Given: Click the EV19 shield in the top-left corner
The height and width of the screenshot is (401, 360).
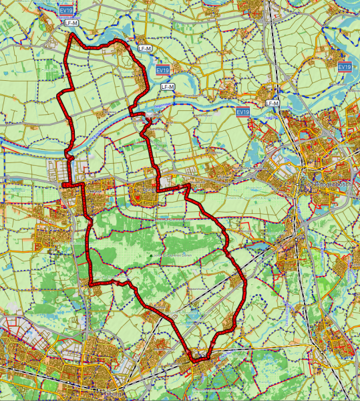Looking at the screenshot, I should click(66, 11).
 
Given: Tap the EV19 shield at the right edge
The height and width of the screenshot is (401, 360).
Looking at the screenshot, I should click(345, 67).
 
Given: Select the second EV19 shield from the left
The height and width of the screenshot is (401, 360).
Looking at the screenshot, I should click(162, 70).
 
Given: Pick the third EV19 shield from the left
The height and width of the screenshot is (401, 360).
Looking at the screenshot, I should click(243, 112).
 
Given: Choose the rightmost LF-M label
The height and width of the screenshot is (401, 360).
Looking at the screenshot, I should click(272, 103).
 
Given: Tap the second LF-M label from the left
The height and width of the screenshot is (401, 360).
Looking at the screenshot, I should click(144, 49).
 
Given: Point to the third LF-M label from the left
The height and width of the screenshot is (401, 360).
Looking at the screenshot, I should click(168, 87).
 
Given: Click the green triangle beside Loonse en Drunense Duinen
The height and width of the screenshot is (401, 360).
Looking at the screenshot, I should click(152, 255).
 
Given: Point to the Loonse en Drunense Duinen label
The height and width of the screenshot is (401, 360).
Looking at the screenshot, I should click(175, 255).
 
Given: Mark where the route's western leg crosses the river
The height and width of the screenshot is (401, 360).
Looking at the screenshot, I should click(69, 146).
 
